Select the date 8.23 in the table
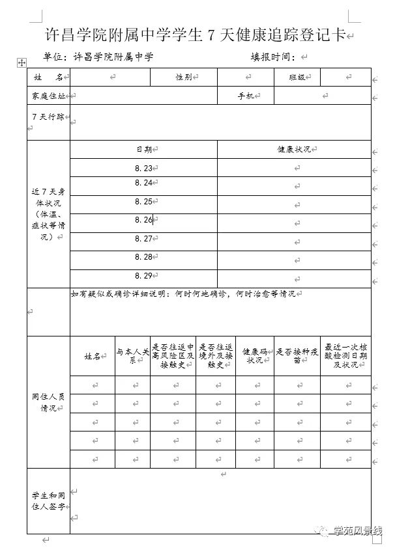click(143, 168)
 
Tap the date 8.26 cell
click(143, 220)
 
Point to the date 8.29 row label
click(143, 275)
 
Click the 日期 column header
click(143, 149)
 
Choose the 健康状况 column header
click(293, 149)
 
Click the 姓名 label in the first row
click(48, 77)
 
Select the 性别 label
click(183, 77)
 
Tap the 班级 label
click(297, 77)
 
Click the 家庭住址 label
click(49, 96)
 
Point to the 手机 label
click(246, 96)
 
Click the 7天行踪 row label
click(48, 116)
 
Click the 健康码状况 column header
click(255, 356)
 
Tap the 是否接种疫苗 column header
click(297, 356)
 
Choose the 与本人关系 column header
click(133, 356)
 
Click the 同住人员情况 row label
click(48, 402)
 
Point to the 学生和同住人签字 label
click(48, 500)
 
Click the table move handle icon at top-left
click(22, 62)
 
